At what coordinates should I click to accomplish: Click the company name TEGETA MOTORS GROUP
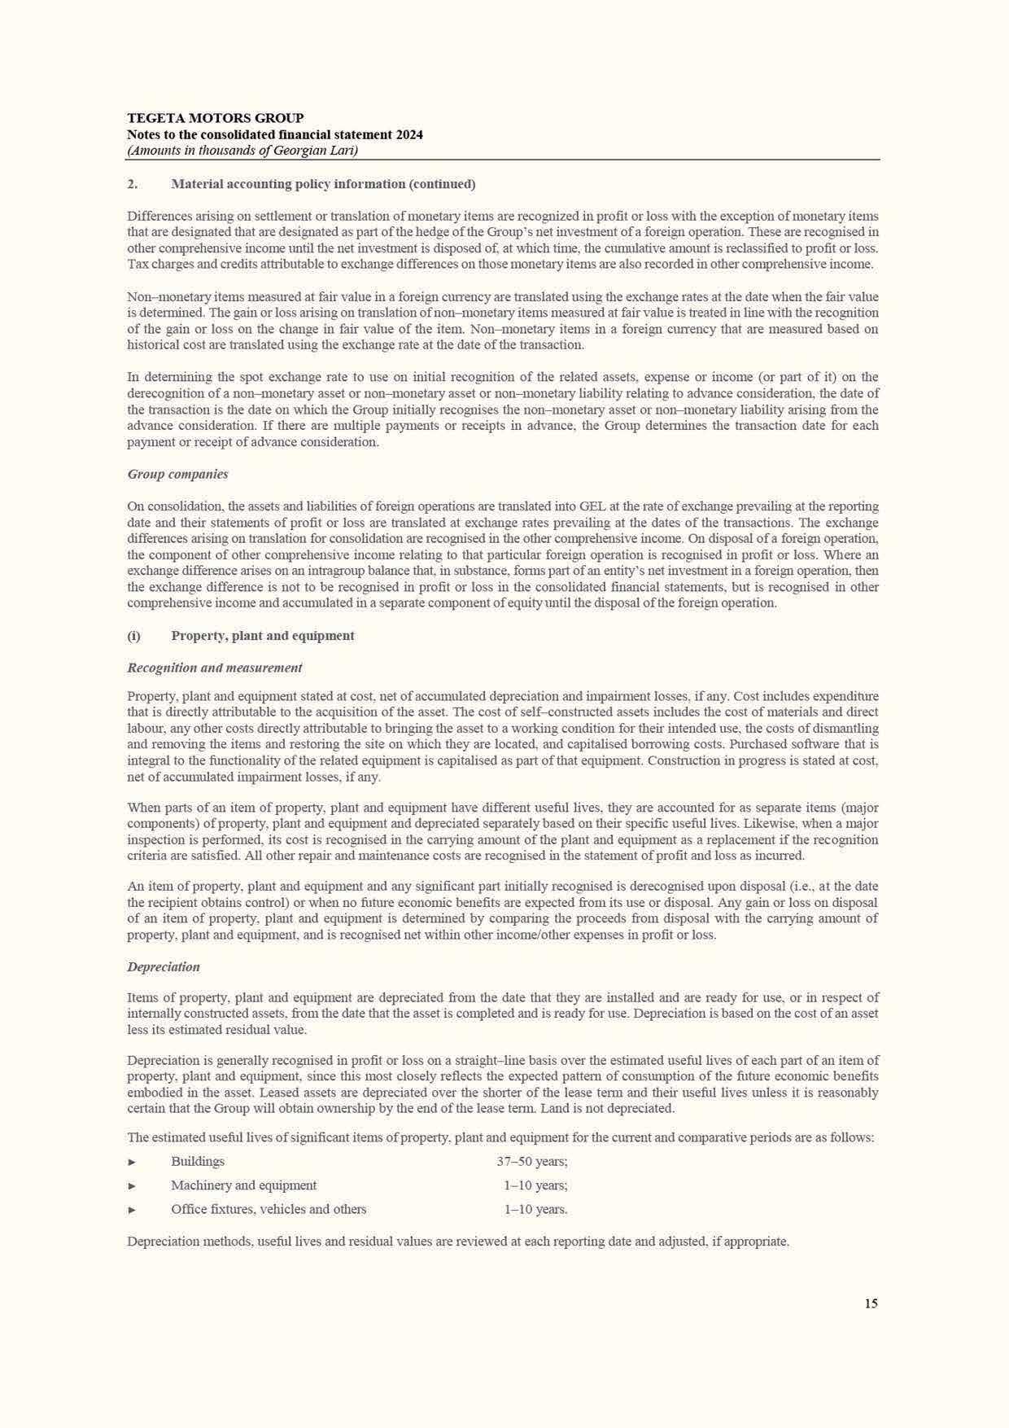[215, 118]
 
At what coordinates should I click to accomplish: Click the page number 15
[871, 1303]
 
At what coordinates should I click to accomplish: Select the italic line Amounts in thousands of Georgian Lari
[242, 151]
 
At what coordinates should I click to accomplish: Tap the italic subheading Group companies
[177, 474]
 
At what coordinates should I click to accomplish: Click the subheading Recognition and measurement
[214, 668]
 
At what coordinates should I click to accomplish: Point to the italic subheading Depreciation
[163, 966]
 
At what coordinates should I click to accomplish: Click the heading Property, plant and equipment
[262, 636]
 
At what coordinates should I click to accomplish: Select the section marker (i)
[133, 636]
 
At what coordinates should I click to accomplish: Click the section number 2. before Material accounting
[132, 184]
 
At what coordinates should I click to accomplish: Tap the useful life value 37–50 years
[532, 1161]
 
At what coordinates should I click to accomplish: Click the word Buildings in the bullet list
[198, 1161]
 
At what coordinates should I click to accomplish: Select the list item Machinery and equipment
[243, 1185]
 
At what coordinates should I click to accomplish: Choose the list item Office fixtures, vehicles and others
[269, 1209]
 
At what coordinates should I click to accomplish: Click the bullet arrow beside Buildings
[132, 1162]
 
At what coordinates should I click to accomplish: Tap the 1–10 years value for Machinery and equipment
[535, 1185]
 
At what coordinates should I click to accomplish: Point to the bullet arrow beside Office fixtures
[132, 1210]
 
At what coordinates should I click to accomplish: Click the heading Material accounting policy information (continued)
[323, 184]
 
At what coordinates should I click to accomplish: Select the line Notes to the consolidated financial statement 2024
[274, 134]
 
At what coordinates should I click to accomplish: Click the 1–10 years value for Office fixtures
[535, 1209]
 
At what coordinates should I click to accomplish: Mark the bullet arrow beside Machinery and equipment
[132, 1186]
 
